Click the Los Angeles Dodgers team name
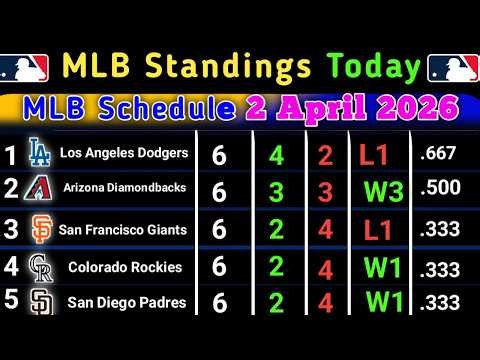tap(123, 153)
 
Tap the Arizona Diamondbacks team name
tap(123, 191)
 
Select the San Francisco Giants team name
tap(123, 230)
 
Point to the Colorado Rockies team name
tap(125, 267)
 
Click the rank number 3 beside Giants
tap(12, 229)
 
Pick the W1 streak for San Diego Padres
tap(387, 300)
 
